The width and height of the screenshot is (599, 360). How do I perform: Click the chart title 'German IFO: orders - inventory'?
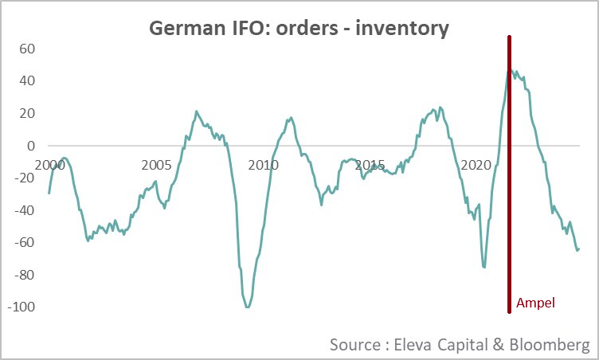[299, 29]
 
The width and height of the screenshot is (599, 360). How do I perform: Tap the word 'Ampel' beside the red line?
[534, 303]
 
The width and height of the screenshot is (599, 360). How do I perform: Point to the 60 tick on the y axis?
[28, 49]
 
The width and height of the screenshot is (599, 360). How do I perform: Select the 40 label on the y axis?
[28, 81]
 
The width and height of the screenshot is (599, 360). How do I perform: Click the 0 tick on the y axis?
[32, 146]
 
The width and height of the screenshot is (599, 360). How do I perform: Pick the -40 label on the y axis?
[25, 210]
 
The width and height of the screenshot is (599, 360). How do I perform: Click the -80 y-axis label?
[25, 275]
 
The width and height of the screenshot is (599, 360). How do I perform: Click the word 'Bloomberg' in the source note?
[549, 344]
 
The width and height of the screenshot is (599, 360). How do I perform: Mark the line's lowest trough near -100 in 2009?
[248, 307]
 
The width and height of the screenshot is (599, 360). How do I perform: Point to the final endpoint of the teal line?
[579, 248]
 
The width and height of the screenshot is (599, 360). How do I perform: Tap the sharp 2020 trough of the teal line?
[484, 267]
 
